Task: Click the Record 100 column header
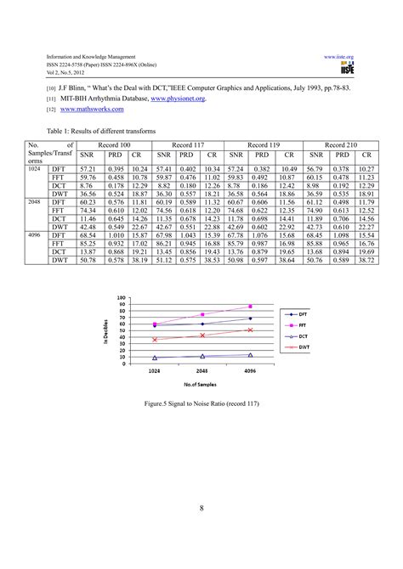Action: (114, 146)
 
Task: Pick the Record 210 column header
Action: (340, 146)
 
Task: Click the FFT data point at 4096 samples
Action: (250, 306)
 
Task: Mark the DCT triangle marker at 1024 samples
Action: (154, 358)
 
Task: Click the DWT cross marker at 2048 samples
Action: (202, 335)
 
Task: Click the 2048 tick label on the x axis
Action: (202, 371)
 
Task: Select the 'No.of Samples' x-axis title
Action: (201, 385)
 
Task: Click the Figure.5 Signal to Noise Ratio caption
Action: (201, 406)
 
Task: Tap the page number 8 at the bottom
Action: (201, 510)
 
